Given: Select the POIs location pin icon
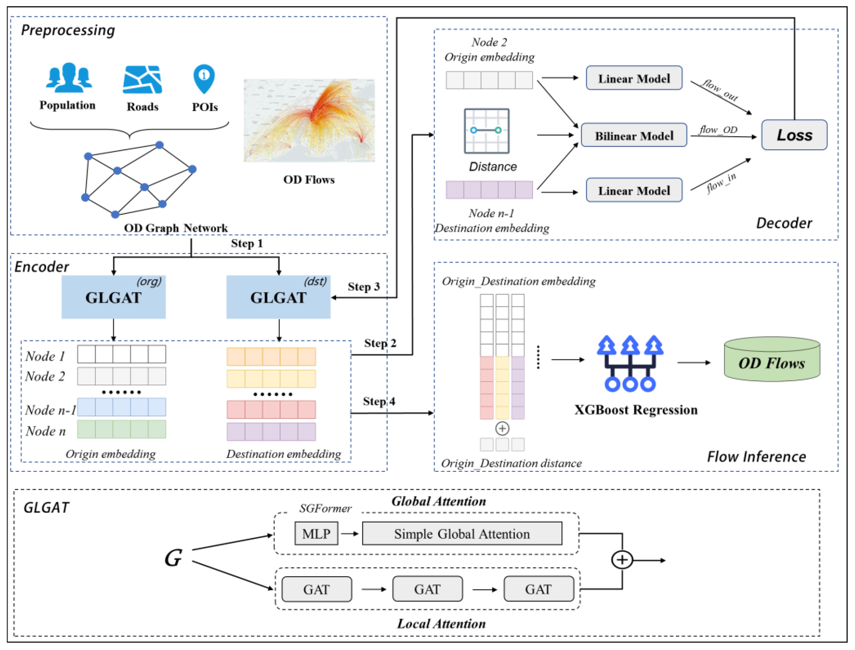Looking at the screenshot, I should coord(204,79).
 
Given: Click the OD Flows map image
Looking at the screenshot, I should coord(309,120).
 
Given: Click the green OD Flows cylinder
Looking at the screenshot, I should coord(771,360).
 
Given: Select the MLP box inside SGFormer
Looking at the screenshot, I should coord(316,534).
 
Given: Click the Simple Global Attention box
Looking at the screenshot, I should coord(462,534).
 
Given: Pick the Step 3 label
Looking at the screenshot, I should coord(363,287).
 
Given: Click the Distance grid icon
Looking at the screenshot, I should coord(486,131).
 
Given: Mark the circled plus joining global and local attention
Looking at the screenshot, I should coord(622,560).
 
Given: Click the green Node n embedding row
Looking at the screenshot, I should coord(122,429).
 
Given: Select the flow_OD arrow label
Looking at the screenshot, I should coord(718,130).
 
